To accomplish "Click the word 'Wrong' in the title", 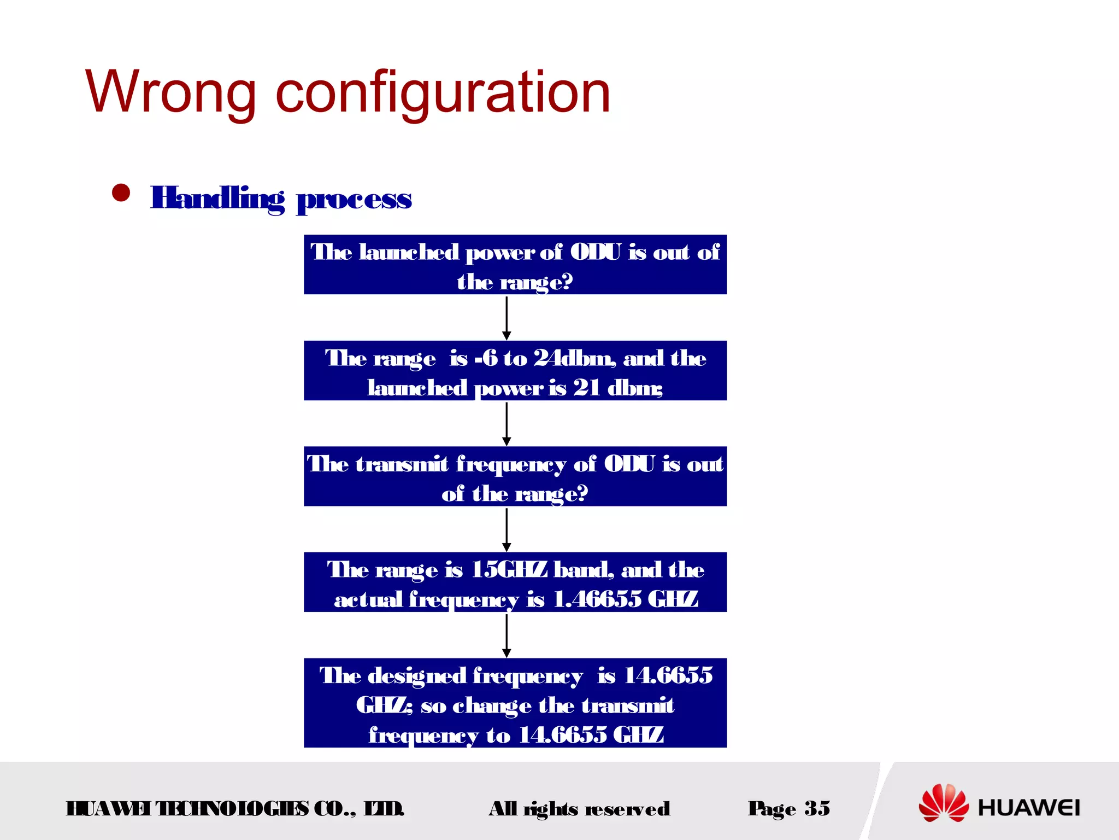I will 170,93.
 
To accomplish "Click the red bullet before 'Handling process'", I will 121,193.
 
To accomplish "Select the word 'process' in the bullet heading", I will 354,199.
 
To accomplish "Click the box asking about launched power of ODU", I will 515,265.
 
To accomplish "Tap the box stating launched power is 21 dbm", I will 515,371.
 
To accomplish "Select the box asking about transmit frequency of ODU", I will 515,476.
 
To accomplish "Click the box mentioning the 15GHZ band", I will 515,582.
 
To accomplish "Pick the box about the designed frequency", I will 515,703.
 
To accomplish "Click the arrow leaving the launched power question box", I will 507,318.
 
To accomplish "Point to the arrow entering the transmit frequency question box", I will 507,424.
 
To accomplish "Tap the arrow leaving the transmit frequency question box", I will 507,529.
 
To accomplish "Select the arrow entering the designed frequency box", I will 507,635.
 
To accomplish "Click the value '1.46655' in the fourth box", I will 597,599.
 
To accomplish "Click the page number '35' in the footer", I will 817,808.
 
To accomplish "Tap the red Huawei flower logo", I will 943,803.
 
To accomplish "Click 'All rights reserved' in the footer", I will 579,809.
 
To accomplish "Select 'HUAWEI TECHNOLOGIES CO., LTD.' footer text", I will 235,809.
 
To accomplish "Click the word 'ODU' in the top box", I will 596,253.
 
